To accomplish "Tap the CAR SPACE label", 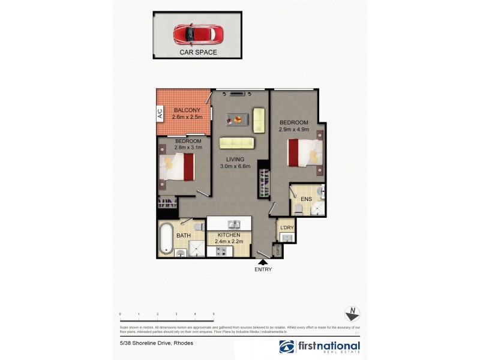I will coord(198,52).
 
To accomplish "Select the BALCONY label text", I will coord(187,110).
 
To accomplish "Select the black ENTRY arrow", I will coord(263,261).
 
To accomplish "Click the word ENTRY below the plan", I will coord(263,269).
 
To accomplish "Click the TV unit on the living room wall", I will coord(236,93).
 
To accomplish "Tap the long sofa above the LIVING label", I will coord(236,143).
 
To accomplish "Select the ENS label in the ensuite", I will coord(306,199).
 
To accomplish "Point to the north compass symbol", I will coord(353,314).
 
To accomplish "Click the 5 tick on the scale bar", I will coord(214,314).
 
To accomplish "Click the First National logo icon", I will coord(287,346).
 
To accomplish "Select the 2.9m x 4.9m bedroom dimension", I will coord(294,128).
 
